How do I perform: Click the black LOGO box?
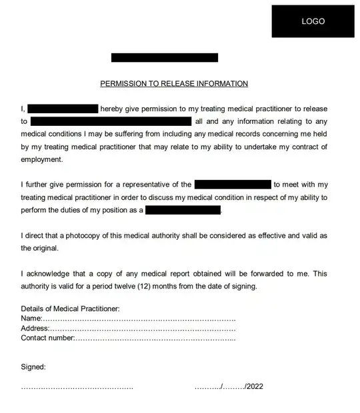[x=313, y=21]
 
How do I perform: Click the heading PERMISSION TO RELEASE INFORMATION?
[x=174, y=84]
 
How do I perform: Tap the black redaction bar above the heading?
[x=165, y=58]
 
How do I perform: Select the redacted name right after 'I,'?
[x=64, y=109]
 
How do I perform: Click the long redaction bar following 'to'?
[x=111, y=121]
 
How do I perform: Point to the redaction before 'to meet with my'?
[x=233, y=185]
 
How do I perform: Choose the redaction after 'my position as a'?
[x=183, y=210]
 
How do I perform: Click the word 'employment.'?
[x=41, y=160]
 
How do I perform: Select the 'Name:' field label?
[x=31, y=319]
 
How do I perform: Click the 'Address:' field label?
[x=35, y=328]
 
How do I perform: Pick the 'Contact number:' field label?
[x=47, y=338]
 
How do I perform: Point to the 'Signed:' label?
[x=33, y=367]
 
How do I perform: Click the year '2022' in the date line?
[x=255, y=386]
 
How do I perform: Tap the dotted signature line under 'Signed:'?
[x=77, y=387]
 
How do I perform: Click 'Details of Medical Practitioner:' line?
[x=70, y=309]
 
